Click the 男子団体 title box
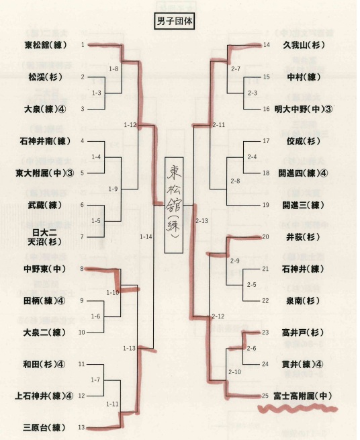tap(175, 21)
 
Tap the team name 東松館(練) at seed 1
tap(46, 45)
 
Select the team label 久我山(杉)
tap(304, 45)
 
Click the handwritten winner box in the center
tap(174, 205)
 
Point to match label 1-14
tap(146, 237)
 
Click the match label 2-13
tap(201, 221)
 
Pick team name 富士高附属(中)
tap(303, 396)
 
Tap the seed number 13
tap(81, 428)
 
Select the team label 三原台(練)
tap(44, 428)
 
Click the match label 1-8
tap(114, 69)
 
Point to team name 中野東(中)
tap(45, 269)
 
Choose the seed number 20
tap(265, 237)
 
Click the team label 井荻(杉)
tap(303, 237)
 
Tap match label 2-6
tap(251, 348)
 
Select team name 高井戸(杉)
tap(303, 333)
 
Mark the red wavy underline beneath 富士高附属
tap(298, 408)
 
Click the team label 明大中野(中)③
tap(304, 109)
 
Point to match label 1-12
tap(130, 124)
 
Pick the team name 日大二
tap(44, 232)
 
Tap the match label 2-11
tap(219, 125)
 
